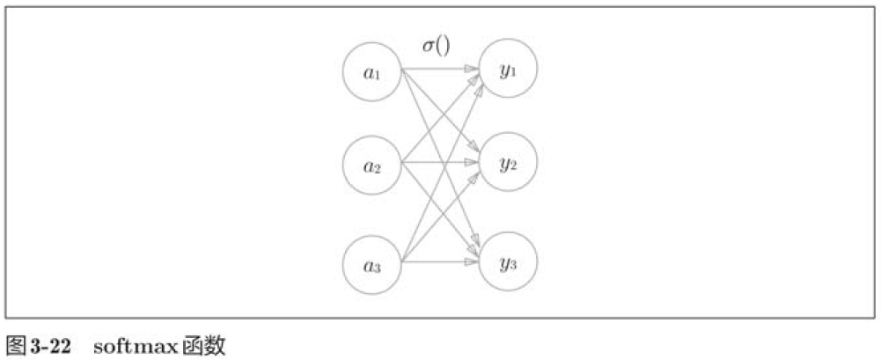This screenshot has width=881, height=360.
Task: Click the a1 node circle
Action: (372, 72)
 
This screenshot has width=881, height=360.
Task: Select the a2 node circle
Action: (372, 165)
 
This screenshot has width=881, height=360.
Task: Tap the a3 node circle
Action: (372, 262)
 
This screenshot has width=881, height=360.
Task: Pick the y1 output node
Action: (508, 68)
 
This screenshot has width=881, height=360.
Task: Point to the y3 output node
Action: (508, 261)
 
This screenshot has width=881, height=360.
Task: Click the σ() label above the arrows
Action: (436, 44)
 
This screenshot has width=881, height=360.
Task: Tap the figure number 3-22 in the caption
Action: (51, 344)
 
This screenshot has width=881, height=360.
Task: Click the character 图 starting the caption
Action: (16, 344)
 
